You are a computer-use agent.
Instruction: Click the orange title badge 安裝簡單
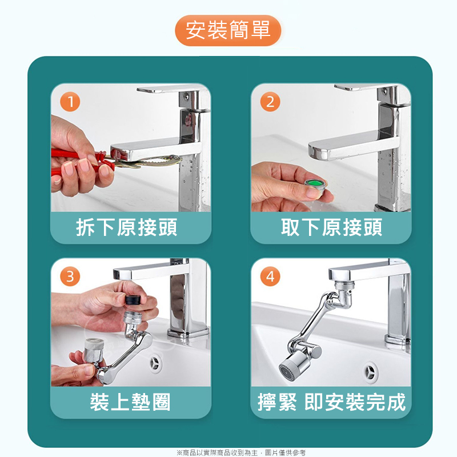[228, 30]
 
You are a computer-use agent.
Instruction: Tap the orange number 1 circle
[70, 102]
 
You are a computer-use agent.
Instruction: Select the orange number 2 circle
[270, 102]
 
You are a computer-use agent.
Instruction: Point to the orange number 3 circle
[70, 276]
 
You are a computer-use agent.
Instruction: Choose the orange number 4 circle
[270, 276]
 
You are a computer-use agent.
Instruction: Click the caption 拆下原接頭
[126, 227]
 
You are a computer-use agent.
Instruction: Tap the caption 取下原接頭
[331, 227]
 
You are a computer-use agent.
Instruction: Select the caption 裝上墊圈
[130, 402]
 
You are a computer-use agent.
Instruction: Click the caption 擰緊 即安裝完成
[331, 402]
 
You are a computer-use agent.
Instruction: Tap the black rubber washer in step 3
[133, 299]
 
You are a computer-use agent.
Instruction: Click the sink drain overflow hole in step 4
[370, 372]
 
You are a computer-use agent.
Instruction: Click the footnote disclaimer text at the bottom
[241, 452]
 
